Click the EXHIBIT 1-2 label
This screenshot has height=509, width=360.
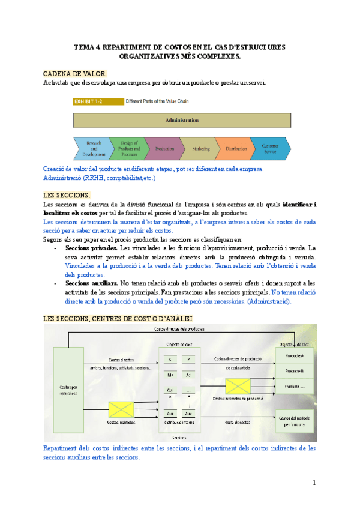coord(88,102)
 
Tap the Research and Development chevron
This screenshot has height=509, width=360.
coord(92,148)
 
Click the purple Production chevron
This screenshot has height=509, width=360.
coord(164,148)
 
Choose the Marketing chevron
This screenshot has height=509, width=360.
coord(200,148)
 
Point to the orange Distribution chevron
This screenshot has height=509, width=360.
coord(236,148)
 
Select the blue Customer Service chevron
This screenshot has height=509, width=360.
coord(271,148)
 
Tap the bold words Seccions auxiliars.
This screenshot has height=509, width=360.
coord(90,282)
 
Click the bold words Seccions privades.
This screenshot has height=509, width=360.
coord(89,248)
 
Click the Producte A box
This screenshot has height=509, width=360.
coord(294,357)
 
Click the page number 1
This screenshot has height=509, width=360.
coord(313,483)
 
